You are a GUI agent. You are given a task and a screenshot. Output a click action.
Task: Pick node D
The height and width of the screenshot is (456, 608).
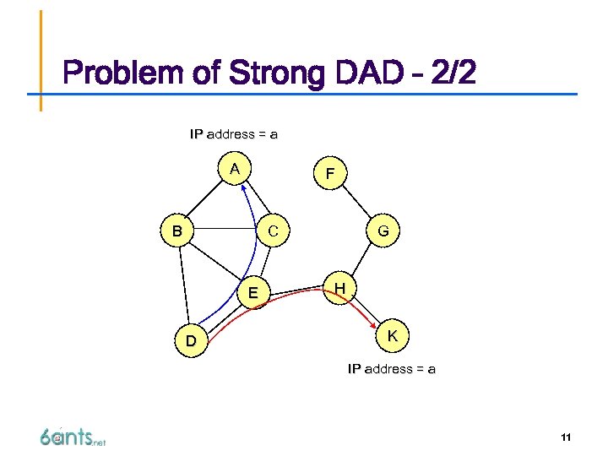tap(192, 341)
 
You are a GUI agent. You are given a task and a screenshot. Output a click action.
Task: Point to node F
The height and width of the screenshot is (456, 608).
tap(329, 175)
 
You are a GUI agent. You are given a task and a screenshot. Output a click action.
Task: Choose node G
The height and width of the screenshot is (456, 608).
tap(383, 231)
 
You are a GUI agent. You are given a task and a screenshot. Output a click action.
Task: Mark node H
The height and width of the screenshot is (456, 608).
tap(339, 289)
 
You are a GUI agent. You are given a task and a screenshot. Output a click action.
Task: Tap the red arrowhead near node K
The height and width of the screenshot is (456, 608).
tap(374, 323)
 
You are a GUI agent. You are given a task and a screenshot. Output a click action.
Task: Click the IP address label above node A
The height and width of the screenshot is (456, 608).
tap(234, 134)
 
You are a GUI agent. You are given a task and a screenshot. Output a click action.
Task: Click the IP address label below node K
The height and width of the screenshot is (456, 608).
tap(392, 369)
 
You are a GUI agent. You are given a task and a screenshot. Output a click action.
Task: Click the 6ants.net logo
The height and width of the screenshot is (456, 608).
tap(72, 437)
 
